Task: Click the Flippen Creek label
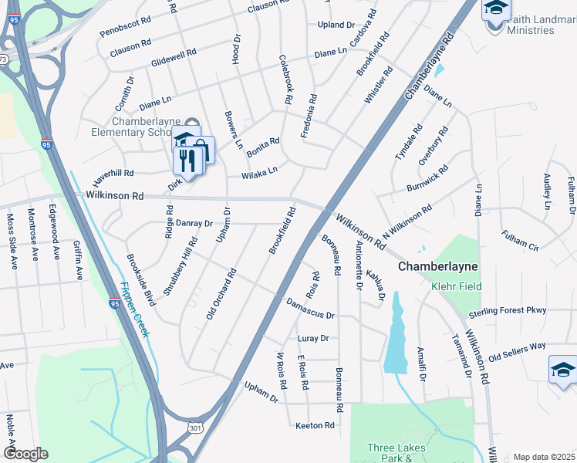134,309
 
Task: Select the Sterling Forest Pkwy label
508,310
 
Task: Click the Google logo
25,454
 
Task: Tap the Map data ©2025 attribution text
543,457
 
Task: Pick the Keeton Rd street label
315,425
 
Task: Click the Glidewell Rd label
174,56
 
